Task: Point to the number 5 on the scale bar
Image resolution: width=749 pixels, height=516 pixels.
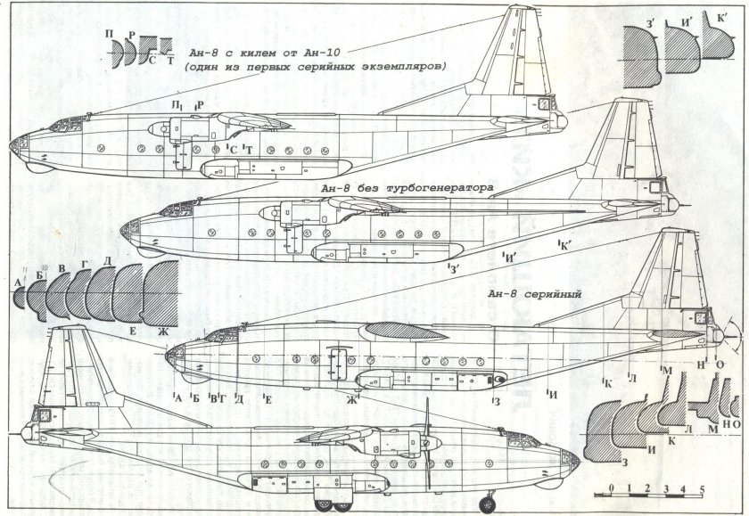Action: pyautogui.click(x=704, y=488)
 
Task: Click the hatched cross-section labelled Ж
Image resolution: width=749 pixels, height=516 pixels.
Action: pyautogui.click(x=162, y=294)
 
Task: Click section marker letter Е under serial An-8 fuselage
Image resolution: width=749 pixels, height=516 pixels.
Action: pyautogui.click(x=267, y=398)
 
